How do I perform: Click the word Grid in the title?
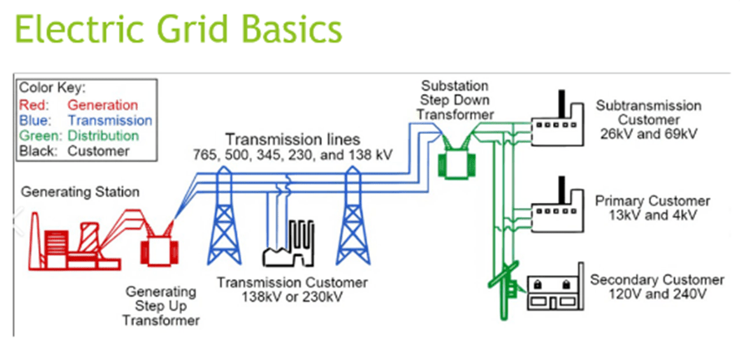(208, 29)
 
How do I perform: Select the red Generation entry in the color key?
(103, 105)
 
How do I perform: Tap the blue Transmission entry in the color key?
(110, 121)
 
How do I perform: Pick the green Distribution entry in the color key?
(103, 136)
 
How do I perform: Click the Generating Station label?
(80, 192)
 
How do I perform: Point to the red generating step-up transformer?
(160, 253)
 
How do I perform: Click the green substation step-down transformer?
(456, 164)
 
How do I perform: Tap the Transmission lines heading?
(292, 140)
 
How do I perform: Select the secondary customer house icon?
(556, 289)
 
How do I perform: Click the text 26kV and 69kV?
(649, 133)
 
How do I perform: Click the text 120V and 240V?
(658, 294)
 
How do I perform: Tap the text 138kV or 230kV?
(292, 298)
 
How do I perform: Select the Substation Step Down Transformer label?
(455, 100)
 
